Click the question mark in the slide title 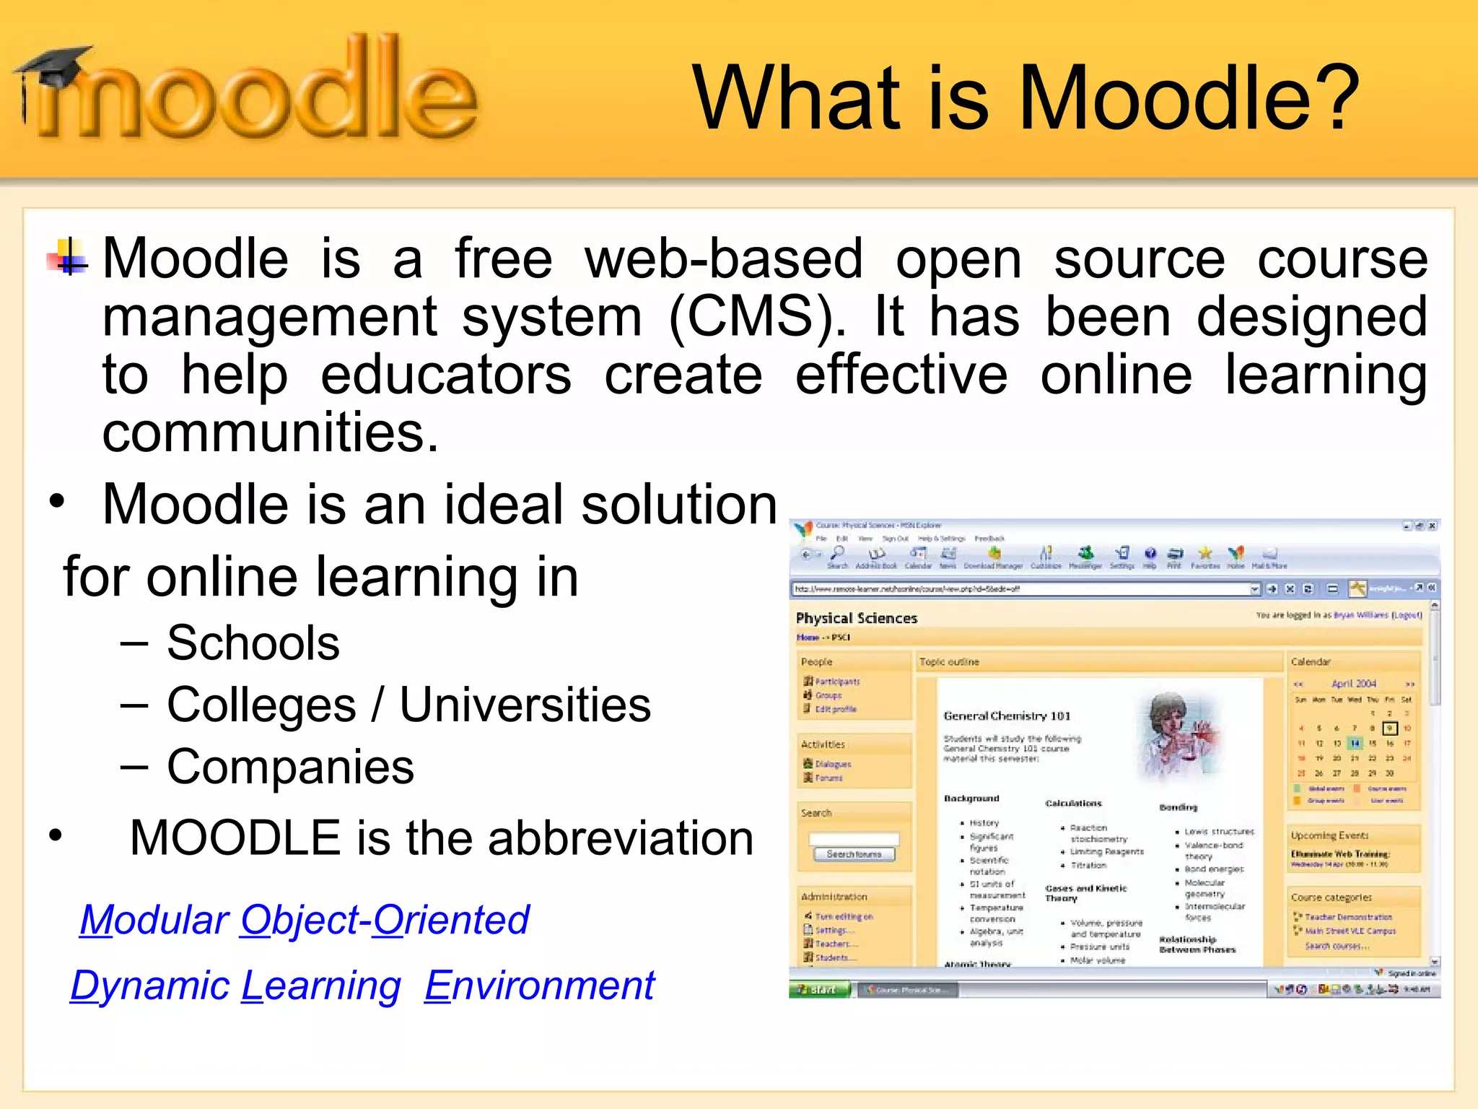tap(1340, 97)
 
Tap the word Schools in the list tap(253, 643)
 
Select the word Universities tap(525, 705)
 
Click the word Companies tap(290, 767)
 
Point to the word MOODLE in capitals tap(235, 838)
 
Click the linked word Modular tap(154, 920)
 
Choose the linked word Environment tap(539, 986)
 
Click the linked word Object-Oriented tap(385, 920)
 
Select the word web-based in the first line tap(724, 258)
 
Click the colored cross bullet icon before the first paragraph tap(69, 257)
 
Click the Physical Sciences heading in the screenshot tap(856, 618)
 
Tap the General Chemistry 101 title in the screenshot tap(1007, 716)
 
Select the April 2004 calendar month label tap(1353, 683)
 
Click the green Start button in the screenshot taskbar tap(821, 989)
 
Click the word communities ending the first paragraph tap(271, 433)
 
